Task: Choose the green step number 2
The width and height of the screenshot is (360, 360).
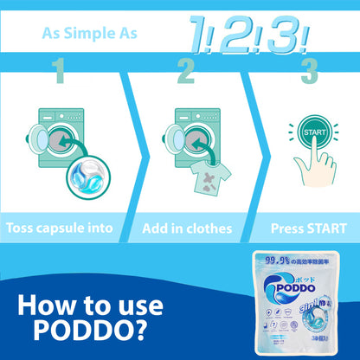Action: tap(185, 71)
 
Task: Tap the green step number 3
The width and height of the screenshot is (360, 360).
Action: tap(309, 71)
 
